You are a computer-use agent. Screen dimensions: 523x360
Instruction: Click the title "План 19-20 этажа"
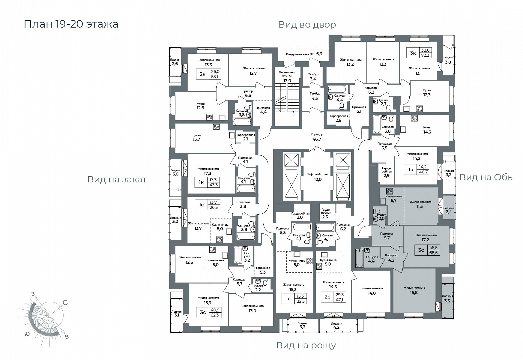(x=71, y=24)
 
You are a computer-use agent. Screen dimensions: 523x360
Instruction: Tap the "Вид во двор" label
(x=307, y=25)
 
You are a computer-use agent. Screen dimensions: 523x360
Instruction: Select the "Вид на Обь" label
(x=486, y=177)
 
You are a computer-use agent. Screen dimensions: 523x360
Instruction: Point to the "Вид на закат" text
(x=117, y=179)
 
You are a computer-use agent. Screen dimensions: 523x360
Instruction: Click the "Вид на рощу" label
(x=306, y=345)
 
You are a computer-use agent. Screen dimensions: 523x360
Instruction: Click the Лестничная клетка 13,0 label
(x=287, y=76)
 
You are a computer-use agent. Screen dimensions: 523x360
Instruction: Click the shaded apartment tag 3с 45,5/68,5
(x=428, y=250)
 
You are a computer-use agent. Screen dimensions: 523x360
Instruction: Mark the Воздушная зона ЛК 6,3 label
(x=304, y=54)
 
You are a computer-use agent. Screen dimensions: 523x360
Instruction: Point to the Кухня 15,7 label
(x=196, y=137)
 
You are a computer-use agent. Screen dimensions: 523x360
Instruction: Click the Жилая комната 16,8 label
(x=414, y=290)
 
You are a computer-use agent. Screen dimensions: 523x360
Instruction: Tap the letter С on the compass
(x=65, y=303)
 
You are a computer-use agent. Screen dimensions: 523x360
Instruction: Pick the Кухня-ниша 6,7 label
(x=393, y=199)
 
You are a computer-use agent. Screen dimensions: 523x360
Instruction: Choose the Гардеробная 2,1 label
(x=245, y=137)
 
